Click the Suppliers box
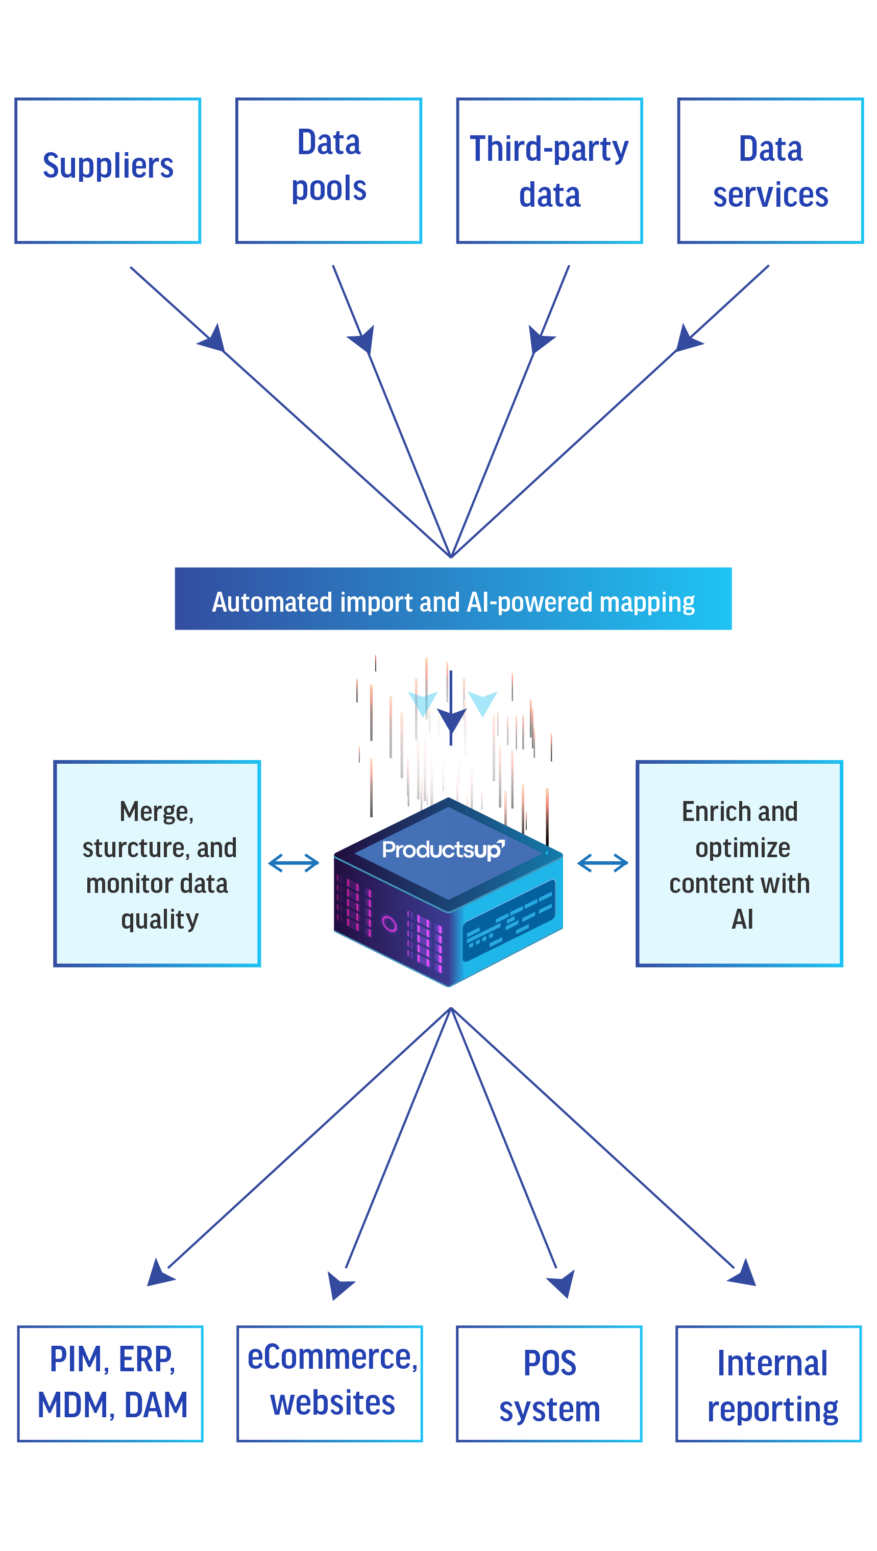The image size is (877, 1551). tap(108, 171)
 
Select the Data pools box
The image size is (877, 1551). tap(329, 171)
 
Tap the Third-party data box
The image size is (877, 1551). tap(549, 171)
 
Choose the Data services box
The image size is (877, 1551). tap(770, 171)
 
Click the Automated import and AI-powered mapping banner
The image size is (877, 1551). tap(453, 599)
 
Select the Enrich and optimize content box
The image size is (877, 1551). tap(740, 863)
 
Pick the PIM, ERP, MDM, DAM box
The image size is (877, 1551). tap(111, 1384)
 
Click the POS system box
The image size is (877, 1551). tap(549, 1384)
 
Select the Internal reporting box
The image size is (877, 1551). tap(769, 1384)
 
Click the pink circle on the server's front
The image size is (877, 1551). tap(389, 924)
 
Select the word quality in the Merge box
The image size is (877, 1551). tap(160, 920)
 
